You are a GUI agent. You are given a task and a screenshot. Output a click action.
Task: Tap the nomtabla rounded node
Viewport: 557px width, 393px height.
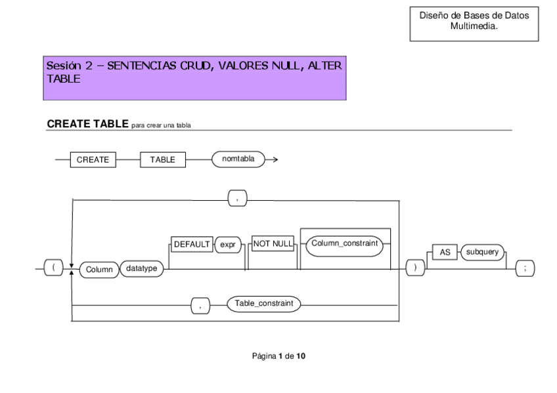click(238, 159)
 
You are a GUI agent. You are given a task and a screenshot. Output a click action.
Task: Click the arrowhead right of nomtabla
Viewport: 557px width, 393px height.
click(273, 160)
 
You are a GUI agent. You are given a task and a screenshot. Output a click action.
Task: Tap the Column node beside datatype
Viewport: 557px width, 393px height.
click(98, 270)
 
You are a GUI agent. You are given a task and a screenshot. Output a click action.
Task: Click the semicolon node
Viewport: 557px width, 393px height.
click(525, 270)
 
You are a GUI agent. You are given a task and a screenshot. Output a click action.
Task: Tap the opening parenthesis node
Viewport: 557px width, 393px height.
click(47, 270)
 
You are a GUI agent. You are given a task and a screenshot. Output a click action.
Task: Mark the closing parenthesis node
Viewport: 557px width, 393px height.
click(414, 270)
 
